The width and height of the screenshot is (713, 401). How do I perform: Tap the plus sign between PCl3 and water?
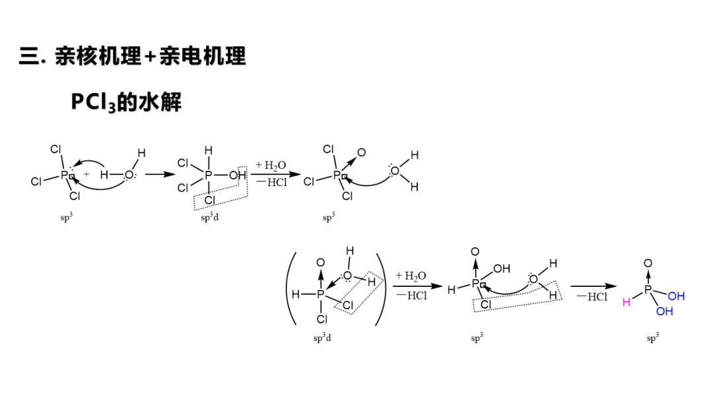pyautogui.click(x=86, y=175)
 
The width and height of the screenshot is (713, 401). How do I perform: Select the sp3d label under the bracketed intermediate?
pyautogui.click(x=322, y=338)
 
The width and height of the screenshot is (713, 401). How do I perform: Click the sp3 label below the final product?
pyautogui.click(x=652, y=338)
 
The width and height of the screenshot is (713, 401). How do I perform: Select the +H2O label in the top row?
pyautogui.click(x=271, y=166)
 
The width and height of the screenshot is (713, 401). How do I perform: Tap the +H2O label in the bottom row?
pyautogui.click(x=411, y=276)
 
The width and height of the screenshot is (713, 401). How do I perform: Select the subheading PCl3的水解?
pyautogui.click(x=125, y=102)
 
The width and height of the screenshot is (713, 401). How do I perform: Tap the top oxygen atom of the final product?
pyautogui.click(x=648, y=264)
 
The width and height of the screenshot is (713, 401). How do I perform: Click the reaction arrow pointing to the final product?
pyautogui.click(x=593, y=286)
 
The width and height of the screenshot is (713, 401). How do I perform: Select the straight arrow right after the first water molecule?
pyautogui.click(x=158, y=175)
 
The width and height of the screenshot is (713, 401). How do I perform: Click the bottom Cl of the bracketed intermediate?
pyautogui.click(x=322, y=319)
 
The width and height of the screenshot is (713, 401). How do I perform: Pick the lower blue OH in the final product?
pyautogui.click(x=664, y=311)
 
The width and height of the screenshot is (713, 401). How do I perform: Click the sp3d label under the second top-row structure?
pyautogui.click(x=210, y=218)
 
